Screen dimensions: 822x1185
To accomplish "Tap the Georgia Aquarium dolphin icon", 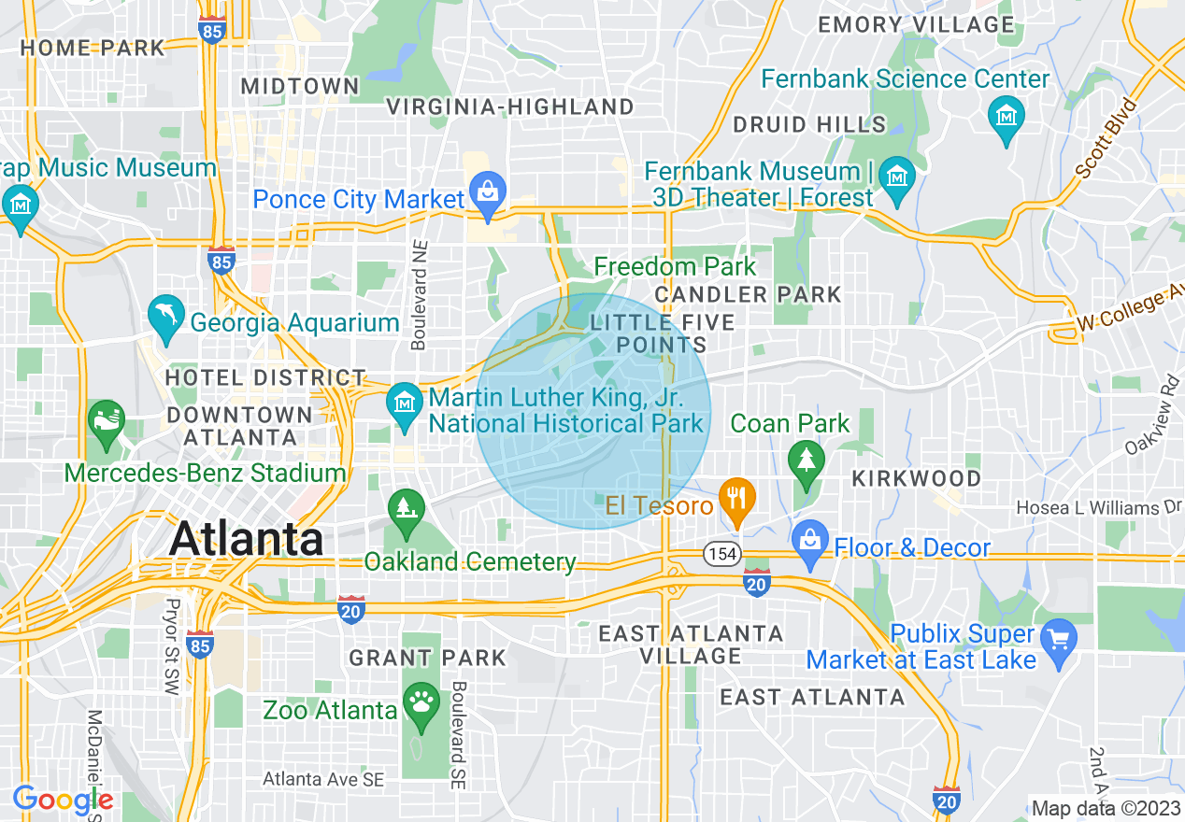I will pyautogui.click(x=166, y=315).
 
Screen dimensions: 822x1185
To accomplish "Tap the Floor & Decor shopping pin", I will pyautogui.click(x=810, y=542).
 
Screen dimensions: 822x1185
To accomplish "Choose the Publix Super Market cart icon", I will pyautogui.click(x=1059, y=641).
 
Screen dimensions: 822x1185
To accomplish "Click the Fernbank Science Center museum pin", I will pyautogui.click(x=1006, y=117).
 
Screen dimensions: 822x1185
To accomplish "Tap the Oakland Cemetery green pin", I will pyautogui.click(x=406, y=510).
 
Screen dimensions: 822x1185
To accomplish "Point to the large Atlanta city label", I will pyautogui.click(x=247, y=538).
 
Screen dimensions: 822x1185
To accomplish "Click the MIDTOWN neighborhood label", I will pyautogui.click(x=300, y=87).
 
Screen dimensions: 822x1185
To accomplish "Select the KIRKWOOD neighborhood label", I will pyautogui.click(x=916, y=478).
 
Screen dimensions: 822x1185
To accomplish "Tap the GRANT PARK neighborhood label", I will pyautogui.click(x=427, y=658).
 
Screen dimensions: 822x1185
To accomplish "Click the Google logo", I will pyautogui.click(x=62, y=800).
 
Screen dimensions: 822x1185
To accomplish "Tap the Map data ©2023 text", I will pyautogui.click(x=1104, y=808).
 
